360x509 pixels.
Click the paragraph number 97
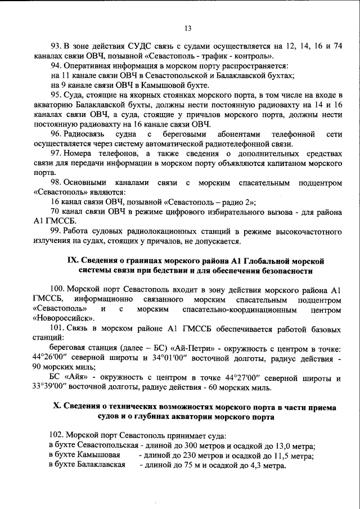56,154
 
